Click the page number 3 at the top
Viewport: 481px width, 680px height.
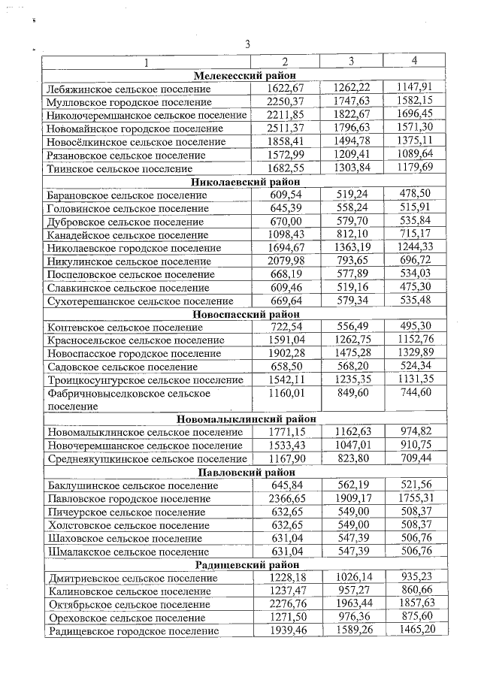247,44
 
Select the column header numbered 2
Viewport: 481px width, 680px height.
285,61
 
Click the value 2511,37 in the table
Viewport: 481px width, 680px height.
285,128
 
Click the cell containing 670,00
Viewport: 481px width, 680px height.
285,222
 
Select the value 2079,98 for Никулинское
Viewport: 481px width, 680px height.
285,261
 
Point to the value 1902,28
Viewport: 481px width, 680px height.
285,353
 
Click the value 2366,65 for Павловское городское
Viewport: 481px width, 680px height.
285,499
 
